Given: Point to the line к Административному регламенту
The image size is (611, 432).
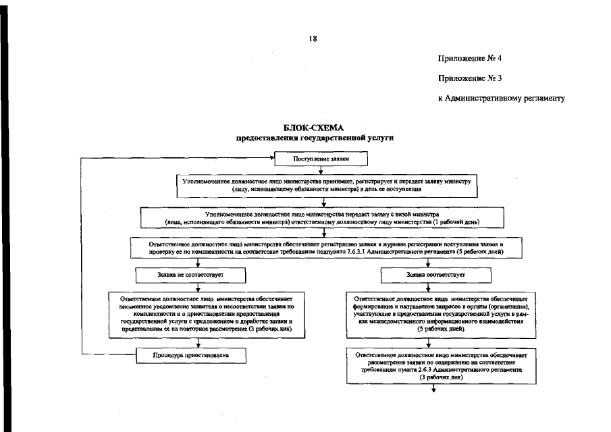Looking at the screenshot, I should pos(500,99).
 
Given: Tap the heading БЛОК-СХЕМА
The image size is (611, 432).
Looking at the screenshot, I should pos(314,128).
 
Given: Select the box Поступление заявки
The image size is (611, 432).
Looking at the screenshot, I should pos(321,159).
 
